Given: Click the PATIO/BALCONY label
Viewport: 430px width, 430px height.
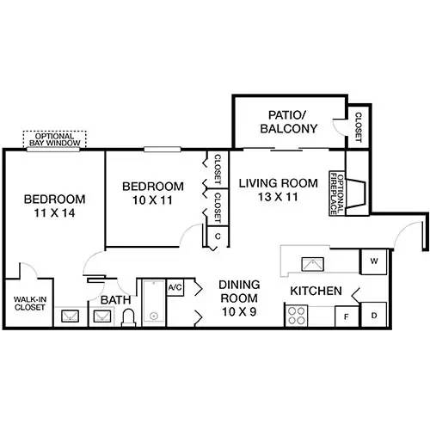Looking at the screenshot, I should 289,121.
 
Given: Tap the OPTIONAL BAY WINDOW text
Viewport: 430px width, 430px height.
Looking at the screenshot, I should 56,138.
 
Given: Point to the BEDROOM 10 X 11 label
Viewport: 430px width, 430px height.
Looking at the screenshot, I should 152,193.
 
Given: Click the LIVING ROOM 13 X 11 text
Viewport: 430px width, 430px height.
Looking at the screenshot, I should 278,189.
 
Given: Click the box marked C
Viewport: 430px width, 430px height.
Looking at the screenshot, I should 218,236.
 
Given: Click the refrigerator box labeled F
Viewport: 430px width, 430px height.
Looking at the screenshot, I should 346,317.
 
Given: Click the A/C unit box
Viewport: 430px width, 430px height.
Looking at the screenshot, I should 175,286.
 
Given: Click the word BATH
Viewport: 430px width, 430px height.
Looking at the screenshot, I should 115,300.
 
